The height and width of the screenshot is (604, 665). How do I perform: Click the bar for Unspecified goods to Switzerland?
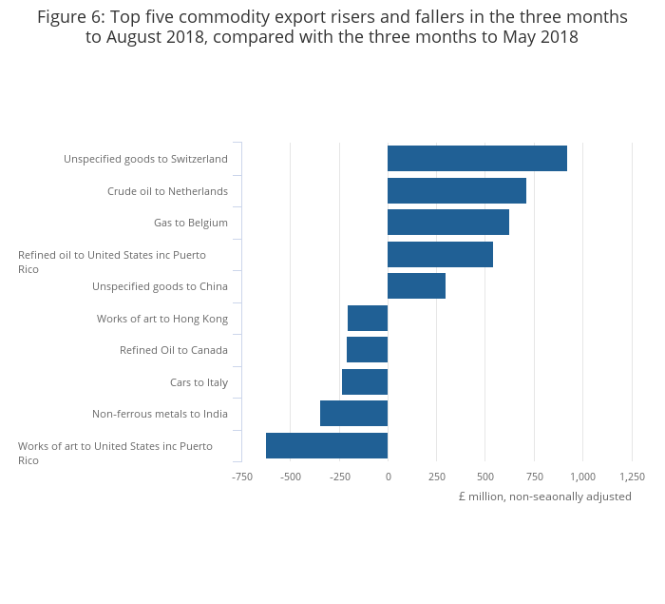tap(477, 159)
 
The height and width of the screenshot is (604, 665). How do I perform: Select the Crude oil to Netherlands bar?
tap(457, 190)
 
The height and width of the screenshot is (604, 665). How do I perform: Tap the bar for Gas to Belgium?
tap(448, 223)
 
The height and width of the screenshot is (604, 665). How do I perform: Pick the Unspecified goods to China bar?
tap(416, 286)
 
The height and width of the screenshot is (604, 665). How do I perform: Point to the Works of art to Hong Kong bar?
tap(368, 318)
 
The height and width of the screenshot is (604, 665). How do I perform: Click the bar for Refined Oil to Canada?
tap(367, 350)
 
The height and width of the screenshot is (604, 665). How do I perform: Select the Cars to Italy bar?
tap(365, 381)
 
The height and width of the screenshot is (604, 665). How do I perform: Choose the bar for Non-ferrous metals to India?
tap(353, 414)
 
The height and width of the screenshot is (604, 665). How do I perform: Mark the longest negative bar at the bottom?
tap(327, 445)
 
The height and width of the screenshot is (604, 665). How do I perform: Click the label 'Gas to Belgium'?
tap(190, 223)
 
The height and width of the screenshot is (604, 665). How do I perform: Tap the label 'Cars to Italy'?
tap(199, 382)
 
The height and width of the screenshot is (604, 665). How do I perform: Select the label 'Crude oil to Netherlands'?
tap(167, 191)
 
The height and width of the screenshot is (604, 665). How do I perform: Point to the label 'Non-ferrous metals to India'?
tap(160, 414)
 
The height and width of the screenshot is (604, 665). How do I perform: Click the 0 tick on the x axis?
tap(388, 477)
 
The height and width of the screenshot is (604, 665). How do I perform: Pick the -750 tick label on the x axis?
tap(241, 477)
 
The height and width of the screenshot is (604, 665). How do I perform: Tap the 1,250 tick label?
tap(632, 477)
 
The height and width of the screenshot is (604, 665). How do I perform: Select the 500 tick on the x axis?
tap(485, 477)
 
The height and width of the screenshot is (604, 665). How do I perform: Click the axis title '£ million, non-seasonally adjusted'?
tap(544, 497)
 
